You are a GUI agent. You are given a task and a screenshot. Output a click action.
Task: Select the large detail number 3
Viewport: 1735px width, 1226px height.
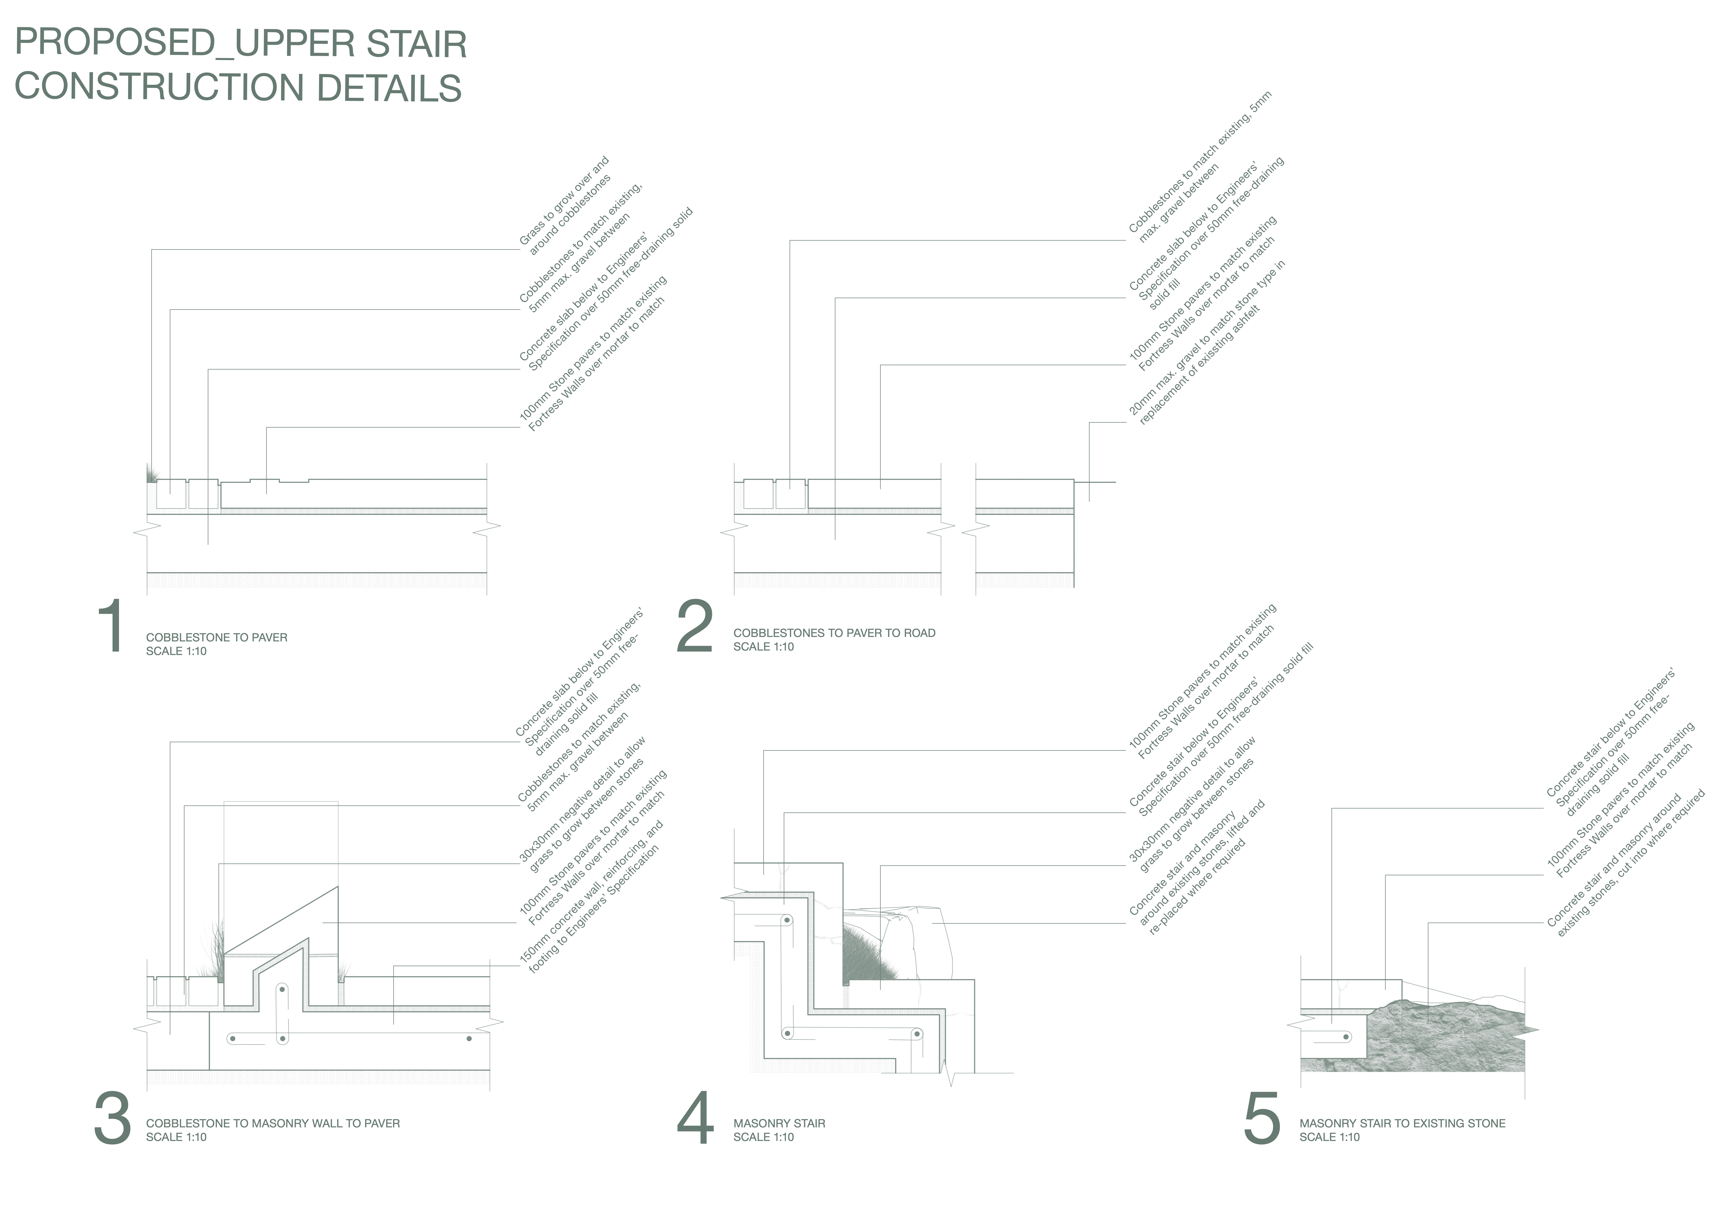(x=112, y=1119)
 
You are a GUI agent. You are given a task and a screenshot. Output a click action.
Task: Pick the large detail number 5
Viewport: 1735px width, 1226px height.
(x=1261, y=1119)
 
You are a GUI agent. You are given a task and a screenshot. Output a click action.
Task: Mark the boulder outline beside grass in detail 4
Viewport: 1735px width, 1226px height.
(x=929, y=944)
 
